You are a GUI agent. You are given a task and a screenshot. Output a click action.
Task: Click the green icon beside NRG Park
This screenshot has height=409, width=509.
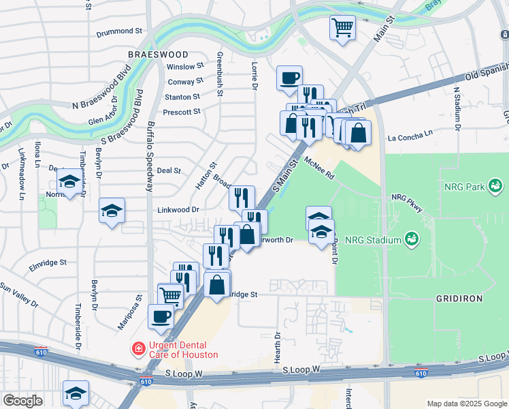495,185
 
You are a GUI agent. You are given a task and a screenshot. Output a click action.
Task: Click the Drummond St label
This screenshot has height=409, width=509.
118,31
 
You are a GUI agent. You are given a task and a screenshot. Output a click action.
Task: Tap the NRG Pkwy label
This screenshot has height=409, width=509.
407,197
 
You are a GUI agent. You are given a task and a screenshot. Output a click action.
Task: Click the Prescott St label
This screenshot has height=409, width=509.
182,111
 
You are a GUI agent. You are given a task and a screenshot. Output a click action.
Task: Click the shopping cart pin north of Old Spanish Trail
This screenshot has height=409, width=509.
342,28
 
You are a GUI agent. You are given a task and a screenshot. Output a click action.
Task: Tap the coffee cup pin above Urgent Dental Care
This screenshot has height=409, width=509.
161,316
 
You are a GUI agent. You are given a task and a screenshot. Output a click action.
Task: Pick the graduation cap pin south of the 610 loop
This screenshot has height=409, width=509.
76,392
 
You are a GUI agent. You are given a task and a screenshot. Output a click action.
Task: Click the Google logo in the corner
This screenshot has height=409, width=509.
22,401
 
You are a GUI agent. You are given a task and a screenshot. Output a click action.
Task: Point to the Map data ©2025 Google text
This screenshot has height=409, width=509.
465,404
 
